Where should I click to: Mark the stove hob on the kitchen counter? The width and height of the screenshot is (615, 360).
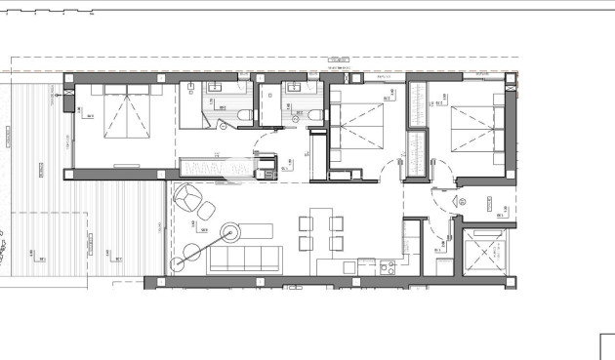point(387,265)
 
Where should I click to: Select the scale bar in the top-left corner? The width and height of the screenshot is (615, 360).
point(49,14)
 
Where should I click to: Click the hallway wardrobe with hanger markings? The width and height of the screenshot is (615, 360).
point(207,167)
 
